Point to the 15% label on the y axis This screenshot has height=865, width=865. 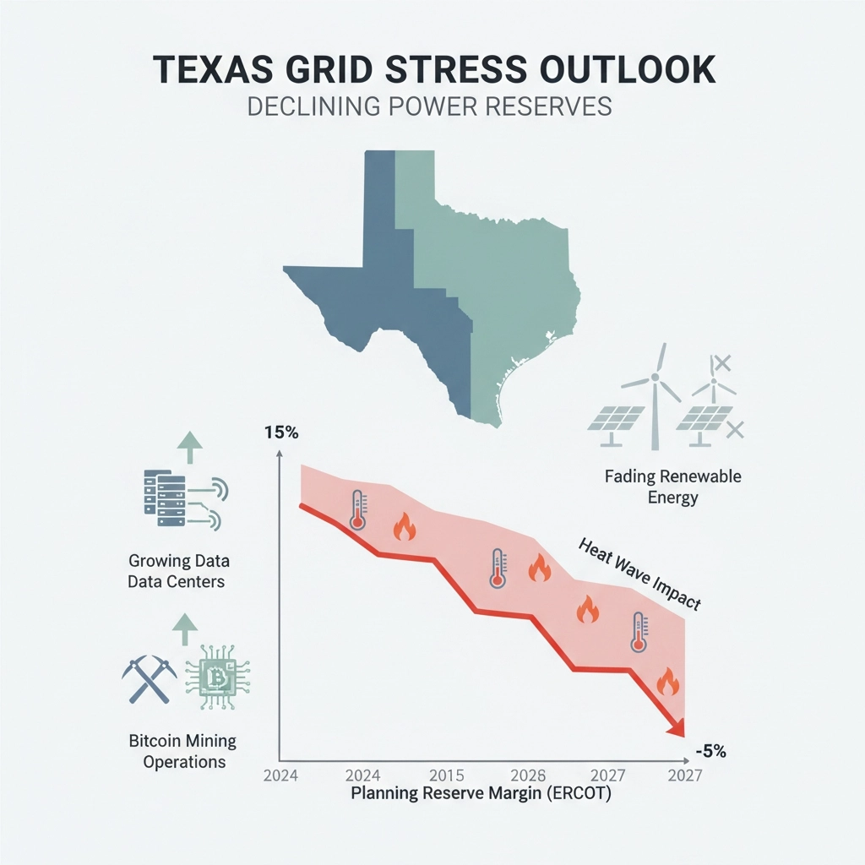pos(281,432)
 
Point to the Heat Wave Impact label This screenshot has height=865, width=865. pos(639,574)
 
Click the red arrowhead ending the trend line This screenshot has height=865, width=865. pos(676,728)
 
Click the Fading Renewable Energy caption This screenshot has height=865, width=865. pos(673,487)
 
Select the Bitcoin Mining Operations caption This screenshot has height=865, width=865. pos(183,751)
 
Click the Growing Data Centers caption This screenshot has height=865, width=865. pos(178,571)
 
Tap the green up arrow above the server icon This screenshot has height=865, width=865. pos(188,447)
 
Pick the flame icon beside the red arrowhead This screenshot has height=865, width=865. pos(667,681)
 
